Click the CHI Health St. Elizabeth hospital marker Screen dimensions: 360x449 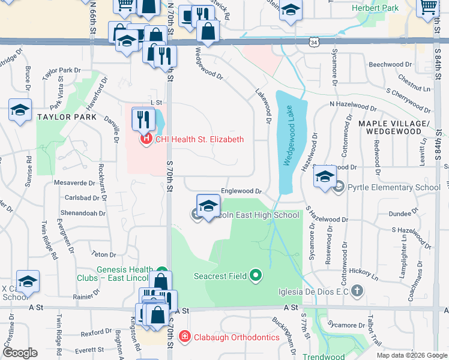click(145, 139)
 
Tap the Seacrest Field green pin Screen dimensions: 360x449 click(256, 276)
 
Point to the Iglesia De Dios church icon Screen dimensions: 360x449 click(357, 292)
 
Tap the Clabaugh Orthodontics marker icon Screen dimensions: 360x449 click(185, 337)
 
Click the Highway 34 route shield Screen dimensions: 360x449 click(315, 42)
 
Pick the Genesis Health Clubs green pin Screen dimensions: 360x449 click(161, 271)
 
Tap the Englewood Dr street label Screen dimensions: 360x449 click(242, 191)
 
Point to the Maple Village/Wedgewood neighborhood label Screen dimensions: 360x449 click(395, 127)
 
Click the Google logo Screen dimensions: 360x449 click(20, 352)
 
